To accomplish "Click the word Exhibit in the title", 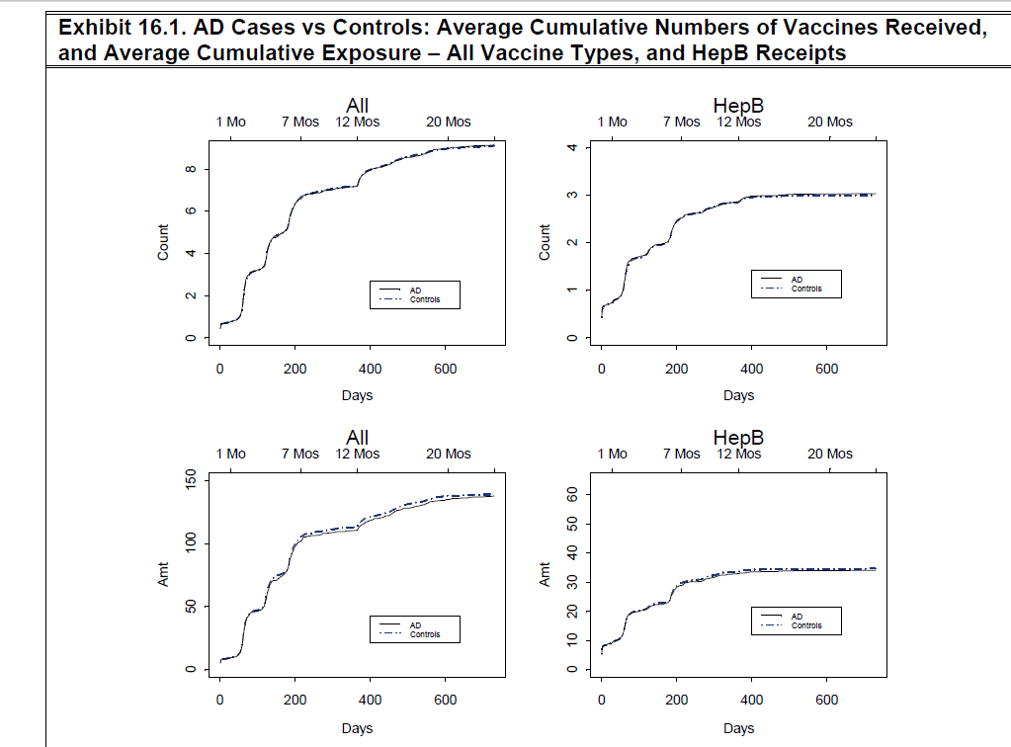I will [x=94, y=29].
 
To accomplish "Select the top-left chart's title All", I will [x=358, y=106].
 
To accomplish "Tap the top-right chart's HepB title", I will [x=738, y=106].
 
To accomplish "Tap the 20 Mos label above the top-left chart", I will [x=449, y=122].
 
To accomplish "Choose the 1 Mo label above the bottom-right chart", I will [x=613, y=454].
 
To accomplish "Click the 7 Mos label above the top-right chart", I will [x=682, y=122].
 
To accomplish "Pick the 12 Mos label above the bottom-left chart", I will [x=357, y=454].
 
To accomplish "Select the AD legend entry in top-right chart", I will [x=798, y=280].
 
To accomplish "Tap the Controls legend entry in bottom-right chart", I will [x=806, y=625].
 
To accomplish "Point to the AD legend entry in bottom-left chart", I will [x=416, y=625].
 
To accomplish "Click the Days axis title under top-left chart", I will [x=357, y=395].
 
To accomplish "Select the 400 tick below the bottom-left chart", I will [x=370, y=700].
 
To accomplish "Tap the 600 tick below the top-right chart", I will [x=827, y=369].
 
